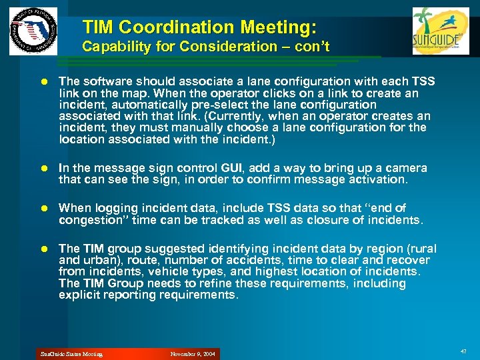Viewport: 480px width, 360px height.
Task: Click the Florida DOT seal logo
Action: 33,31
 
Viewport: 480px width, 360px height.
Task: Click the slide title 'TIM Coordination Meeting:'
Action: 199,27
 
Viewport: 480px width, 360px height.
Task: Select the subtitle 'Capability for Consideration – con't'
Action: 205,47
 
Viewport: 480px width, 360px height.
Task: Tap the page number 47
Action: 463,351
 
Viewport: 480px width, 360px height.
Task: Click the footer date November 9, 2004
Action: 193,354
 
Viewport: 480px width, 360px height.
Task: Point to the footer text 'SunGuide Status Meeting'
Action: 72,354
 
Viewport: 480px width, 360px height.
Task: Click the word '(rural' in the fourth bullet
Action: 412,248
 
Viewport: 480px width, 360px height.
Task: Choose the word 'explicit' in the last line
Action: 79,295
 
